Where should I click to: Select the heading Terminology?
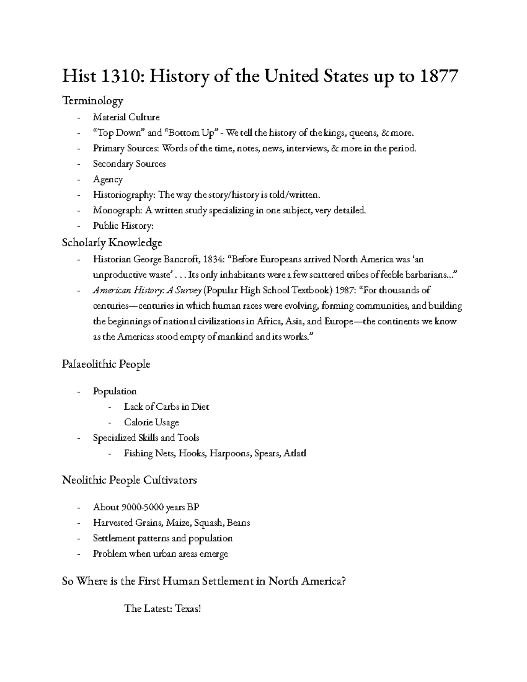click(92, 101)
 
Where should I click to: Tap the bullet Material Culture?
click(126, 117)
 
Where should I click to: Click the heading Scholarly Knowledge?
click(112, 242)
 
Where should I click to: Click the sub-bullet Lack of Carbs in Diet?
click(166, 407)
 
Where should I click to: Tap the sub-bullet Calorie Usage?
click(151, 422)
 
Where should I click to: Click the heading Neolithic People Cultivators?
click(129, 480)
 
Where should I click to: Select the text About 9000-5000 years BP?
click(146, 507)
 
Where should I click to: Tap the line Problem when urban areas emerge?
click(160, 554)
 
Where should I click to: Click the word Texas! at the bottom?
click(188, 609)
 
